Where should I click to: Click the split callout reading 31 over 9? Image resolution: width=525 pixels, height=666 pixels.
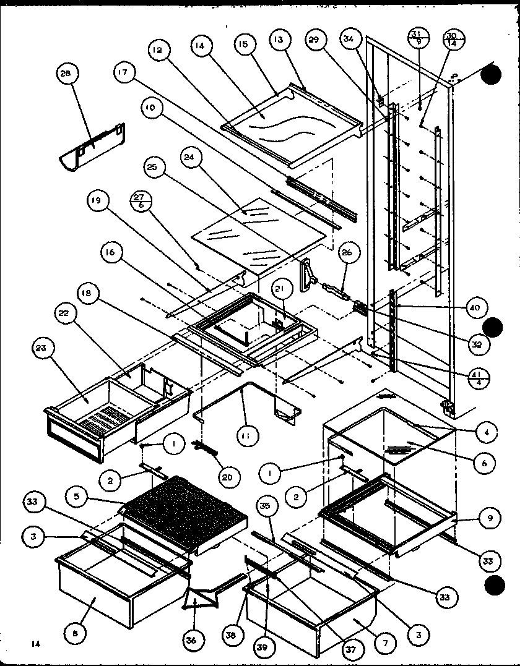tap(419, 38)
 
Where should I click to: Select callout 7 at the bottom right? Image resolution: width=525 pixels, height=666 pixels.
tap(385, 644)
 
